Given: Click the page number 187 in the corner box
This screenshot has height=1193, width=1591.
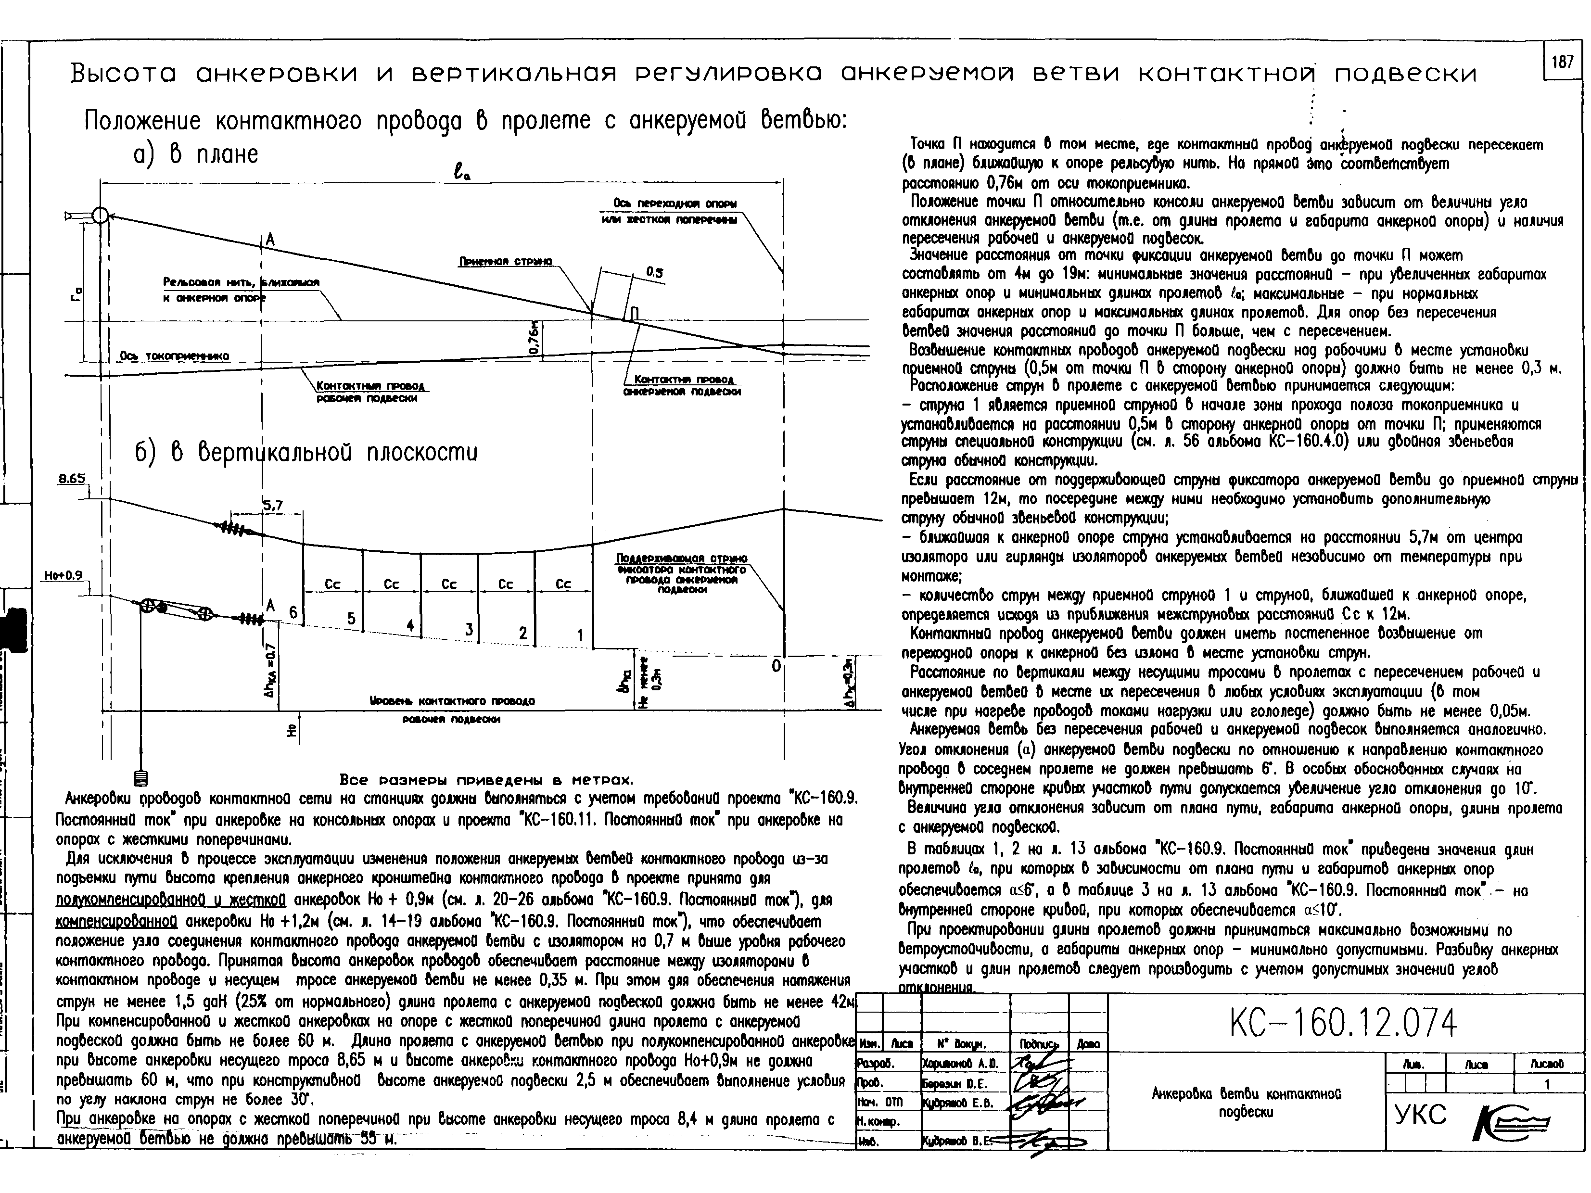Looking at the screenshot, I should point(1562,62).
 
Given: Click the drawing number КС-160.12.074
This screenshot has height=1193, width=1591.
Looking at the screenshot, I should point(1342,1023).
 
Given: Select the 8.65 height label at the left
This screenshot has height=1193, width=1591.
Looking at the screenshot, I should point(72,479).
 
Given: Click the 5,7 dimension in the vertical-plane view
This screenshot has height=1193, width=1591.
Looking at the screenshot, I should point(273,506).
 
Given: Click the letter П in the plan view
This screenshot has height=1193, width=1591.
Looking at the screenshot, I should point(635,313).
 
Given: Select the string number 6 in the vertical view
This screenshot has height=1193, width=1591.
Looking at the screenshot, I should point(293,611).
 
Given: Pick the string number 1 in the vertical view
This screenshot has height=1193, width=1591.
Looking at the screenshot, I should point(580,635).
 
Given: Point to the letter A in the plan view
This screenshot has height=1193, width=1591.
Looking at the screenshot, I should point(270,240).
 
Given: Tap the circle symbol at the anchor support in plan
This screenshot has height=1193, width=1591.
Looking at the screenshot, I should point(101,215).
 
